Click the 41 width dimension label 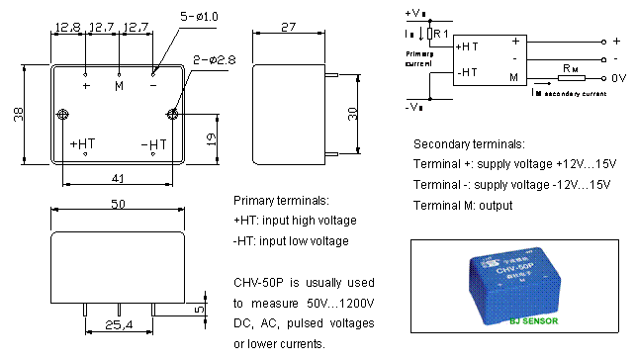click(117, 179)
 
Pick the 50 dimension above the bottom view click(118, 205)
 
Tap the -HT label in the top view click(153, 143)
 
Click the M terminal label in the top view click(120, 86)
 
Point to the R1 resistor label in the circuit click(440, 34)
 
